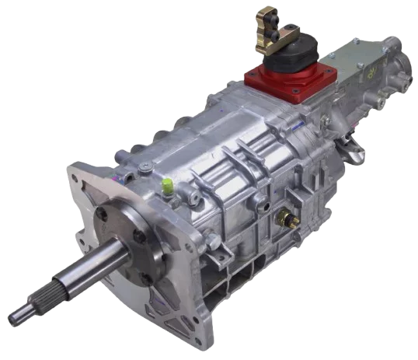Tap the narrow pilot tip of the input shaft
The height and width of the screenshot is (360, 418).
(16, 317)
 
